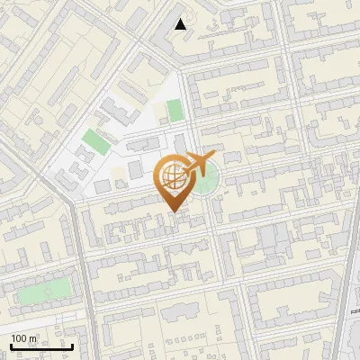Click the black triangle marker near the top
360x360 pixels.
pos(181,24)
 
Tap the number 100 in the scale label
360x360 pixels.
pos(20,338)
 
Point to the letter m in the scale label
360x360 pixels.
pos(33,338)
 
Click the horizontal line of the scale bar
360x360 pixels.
pos(41,346)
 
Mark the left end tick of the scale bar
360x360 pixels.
pos(11,345)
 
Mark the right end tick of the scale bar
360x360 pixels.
pos(72,345)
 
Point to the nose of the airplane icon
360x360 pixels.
pos(214,157)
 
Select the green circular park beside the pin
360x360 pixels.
pos(204,183)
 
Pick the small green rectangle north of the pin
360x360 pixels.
pos(175,110)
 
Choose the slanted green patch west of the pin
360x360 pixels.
pos(93,142)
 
